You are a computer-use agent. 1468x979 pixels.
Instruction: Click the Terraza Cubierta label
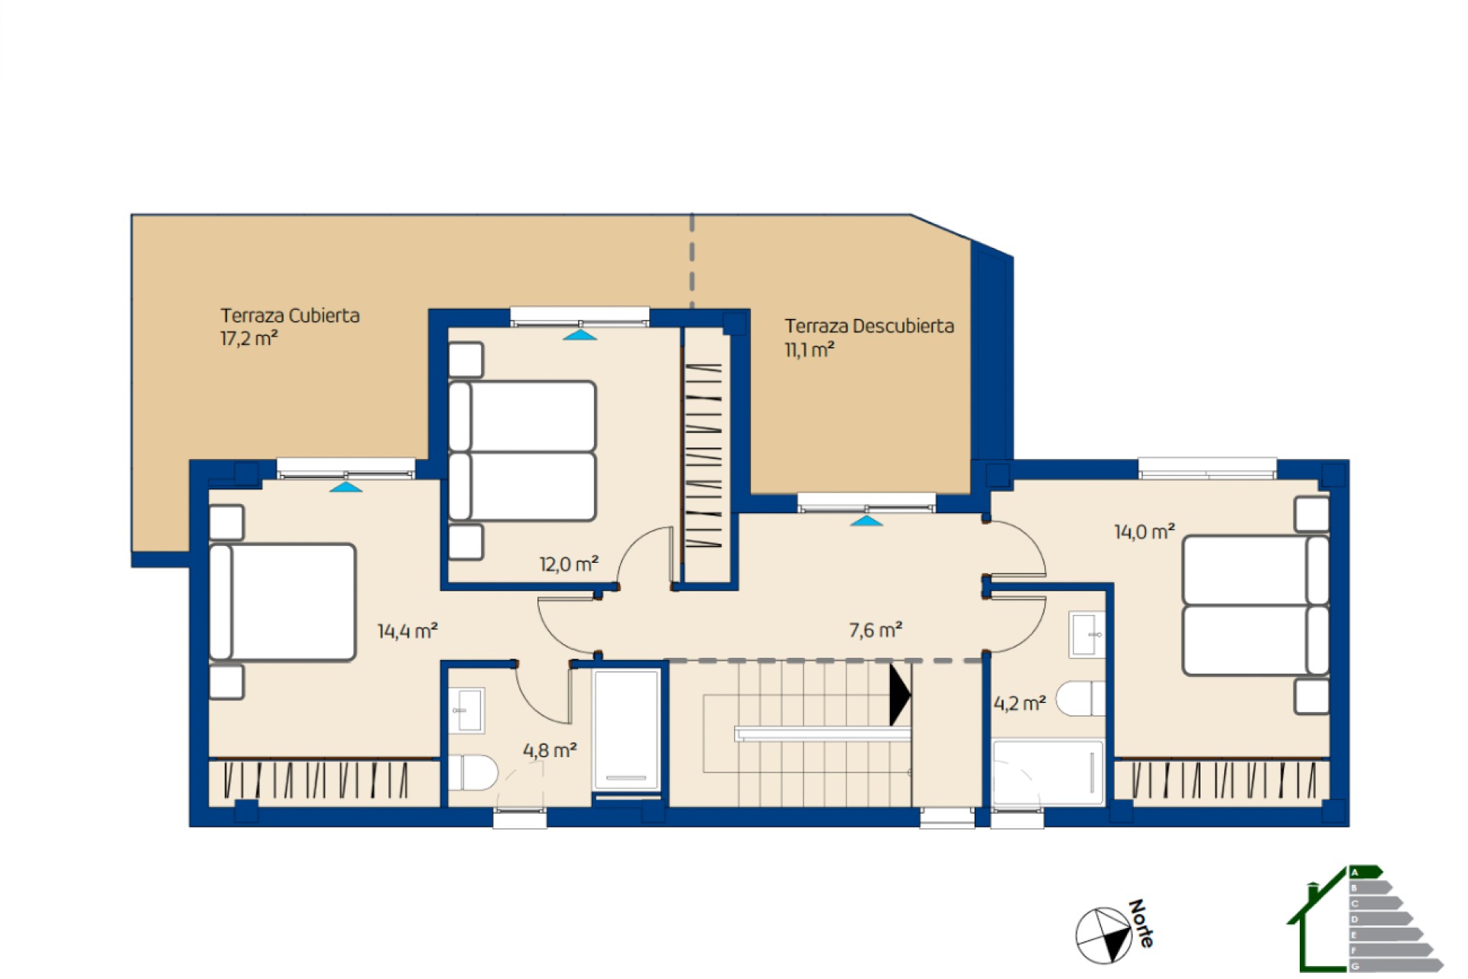point(290,315)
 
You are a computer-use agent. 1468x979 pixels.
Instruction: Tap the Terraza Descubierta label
point(869,326)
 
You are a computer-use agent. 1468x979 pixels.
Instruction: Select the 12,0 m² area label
point(569,564)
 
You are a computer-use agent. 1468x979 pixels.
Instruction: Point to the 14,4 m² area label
point(408,631)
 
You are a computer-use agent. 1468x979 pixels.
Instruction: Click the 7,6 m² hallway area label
point(875,630)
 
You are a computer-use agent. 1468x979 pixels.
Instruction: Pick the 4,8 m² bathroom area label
point(550,750)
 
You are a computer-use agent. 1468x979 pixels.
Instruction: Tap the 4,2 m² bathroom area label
point(1020,703)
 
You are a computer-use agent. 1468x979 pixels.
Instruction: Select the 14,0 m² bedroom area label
point(1145,532)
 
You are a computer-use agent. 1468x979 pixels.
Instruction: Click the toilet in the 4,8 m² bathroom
point(473,772)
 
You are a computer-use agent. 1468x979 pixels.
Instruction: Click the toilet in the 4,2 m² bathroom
point(1080,698)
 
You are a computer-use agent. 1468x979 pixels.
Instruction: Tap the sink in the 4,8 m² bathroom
point(466,711)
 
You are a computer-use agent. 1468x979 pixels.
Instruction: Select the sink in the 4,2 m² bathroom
point(1087,634)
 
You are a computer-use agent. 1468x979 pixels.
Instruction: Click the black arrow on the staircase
point(900,695)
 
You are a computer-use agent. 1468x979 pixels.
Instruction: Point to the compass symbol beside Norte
point(1103,935)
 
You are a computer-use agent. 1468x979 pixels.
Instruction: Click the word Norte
point(1141,923)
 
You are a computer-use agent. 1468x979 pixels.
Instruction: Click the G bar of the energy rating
point(1396,966)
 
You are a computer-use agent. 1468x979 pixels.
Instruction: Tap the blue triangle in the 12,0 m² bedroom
point(580,335)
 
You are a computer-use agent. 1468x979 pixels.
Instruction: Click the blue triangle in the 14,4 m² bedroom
point(346,486)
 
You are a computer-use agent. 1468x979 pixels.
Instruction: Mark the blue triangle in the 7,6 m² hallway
point(866,521)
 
